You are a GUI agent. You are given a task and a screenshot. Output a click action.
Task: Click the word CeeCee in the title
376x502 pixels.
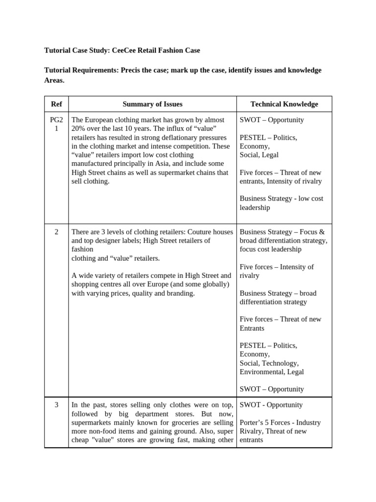tap(124, 50)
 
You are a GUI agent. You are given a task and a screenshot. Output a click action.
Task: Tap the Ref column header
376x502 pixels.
tap(56, 104)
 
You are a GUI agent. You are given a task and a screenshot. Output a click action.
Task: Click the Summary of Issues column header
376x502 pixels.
tap(152, 104)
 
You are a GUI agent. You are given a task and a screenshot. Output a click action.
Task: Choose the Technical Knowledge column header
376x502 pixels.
tap(284, 104)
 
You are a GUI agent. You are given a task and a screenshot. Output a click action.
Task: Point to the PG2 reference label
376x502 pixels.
tap(56, 120)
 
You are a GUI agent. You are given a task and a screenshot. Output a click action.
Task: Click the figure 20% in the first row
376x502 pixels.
tap(79, 128)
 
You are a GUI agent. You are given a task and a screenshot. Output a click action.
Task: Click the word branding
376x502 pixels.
tap(179, 293)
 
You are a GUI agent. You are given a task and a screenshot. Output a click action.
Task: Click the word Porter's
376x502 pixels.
tap(254, 423)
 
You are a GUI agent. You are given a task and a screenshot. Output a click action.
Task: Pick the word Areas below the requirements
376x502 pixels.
tap(54, 80)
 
